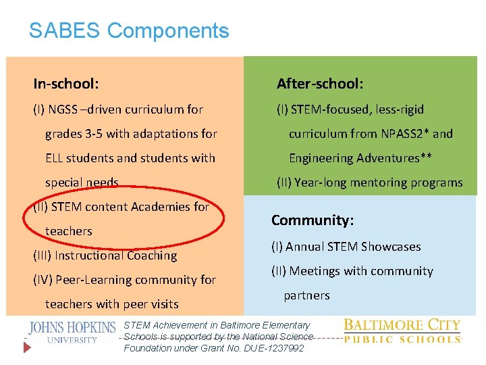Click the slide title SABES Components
pyautogui.click(x=129, y=30)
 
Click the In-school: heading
pyautogui.click(x=66, y=84)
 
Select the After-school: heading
pyautogui.click(x=320, y=84)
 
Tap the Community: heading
pyautogui.click(x=313, y=220)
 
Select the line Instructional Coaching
pyautogui.click(x=105, y=255)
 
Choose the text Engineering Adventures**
pyautogui.click(x=360, y=158)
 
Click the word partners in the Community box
pyautogui.click(x=306, y=295)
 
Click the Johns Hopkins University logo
pyautogui.click(x=72, y=331)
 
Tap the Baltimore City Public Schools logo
pyautogui.click(x=402, y=331)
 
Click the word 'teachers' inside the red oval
pyautogui.click(x=68, y=231)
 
